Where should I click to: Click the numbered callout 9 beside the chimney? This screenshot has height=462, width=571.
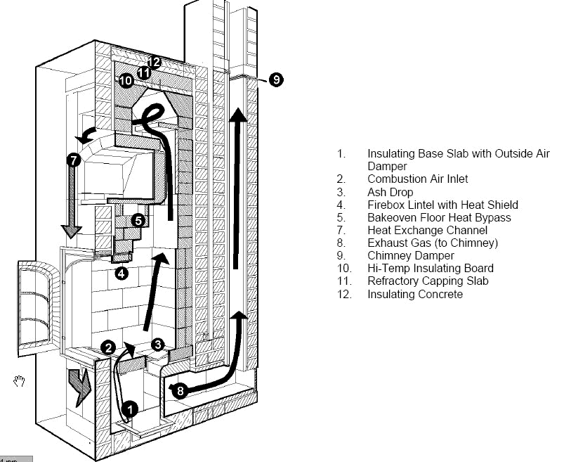click(x=277, y=79)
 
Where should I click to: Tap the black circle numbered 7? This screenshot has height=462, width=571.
click(x=74, y=160)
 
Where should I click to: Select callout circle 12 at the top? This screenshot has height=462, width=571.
click(x=154, y=63)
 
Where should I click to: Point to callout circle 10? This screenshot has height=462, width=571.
click(x=126, y=80)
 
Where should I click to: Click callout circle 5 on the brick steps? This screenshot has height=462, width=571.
click(x=138, y=221)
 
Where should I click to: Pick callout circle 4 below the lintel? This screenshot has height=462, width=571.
click(x=122, y=273)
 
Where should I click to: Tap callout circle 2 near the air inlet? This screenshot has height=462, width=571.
click(x=108, y=347)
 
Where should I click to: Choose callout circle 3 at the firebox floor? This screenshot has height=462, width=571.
click(x=158, y=345)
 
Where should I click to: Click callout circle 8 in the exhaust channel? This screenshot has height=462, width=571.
click(x=181, y=391)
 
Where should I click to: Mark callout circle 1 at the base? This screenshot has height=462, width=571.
click(x=130, y=409)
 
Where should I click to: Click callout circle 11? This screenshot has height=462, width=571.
click(x=144, y=73)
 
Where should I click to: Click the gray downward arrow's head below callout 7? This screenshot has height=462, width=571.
click(x=72, y=231)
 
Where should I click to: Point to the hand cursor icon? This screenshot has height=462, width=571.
click(x=19, y=380)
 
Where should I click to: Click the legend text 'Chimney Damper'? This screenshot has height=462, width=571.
click(x=411, y=256)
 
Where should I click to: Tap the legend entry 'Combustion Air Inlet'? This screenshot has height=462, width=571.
click(x=418, y=179)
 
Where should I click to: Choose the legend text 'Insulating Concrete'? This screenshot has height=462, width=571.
click(x=415, y=294)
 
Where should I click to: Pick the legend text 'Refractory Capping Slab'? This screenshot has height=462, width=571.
click(x=428, y=281)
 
